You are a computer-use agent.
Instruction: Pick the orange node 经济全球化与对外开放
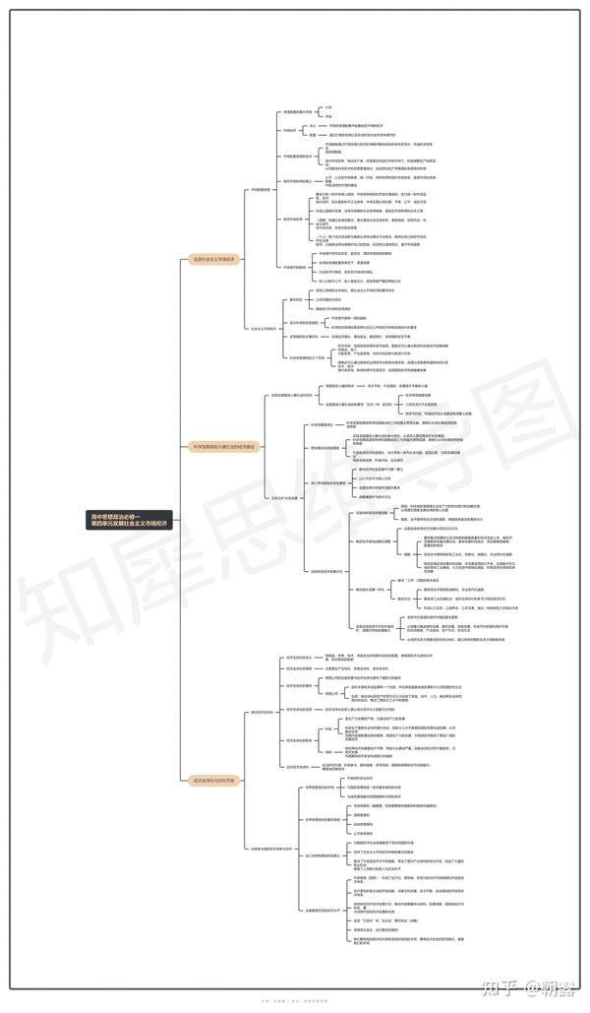point(214,780)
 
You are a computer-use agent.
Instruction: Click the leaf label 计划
point(328,106)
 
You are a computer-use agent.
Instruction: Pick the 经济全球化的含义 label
point(298,657)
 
